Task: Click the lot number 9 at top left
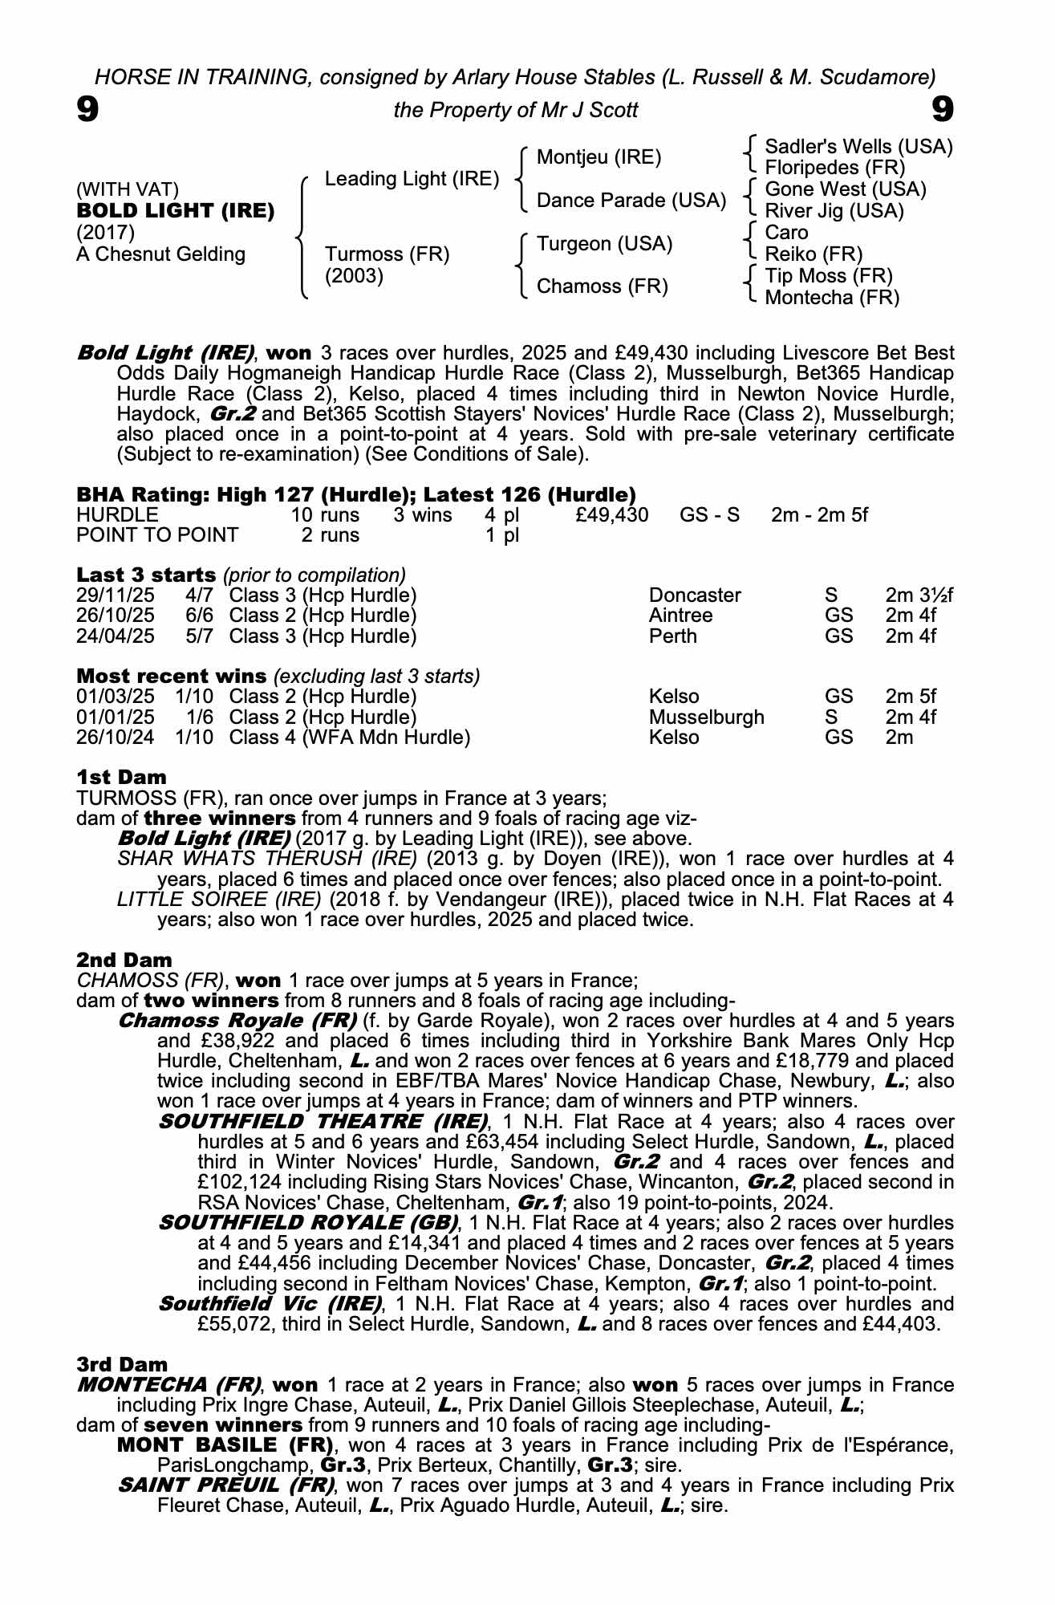pos(88,109)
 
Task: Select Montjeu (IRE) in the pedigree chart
pos(599,157)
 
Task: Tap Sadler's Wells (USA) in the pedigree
pos(858,147)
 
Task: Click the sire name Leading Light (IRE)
pos(412,179)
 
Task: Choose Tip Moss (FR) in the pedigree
pos(829,276)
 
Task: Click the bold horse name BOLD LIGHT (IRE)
pos(176,211)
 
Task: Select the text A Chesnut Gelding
pos(160,254)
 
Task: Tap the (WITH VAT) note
pos(128,189)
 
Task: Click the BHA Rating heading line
pos(356,494)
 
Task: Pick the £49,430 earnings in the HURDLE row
pos(612,514)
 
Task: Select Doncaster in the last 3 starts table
pos(695,595)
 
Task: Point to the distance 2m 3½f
pos(919,595)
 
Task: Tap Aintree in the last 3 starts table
pos(680,616)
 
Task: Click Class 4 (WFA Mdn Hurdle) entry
pos(349,737)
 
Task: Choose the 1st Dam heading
pos(122,777)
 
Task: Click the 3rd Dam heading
pos(123,1364)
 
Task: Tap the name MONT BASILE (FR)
pos(225,1445)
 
